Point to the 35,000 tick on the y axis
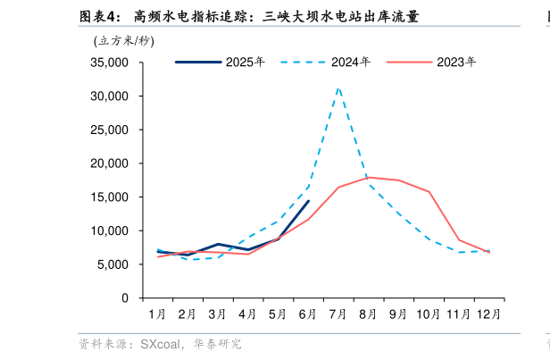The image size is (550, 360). point(110,63)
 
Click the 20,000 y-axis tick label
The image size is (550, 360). point(110,163)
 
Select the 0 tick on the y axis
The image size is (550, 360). point(125,298)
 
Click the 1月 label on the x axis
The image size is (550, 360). point(157,314)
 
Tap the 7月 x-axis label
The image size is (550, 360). point(338,314)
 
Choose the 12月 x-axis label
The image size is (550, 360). point(489,314)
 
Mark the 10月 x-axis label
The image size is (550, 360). point(429,314)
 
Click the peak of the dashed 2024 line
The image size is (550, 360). point(338,88)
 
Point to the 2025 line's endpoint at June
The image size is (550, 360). point(308,201)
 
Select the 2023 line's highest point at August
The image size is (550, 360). point(369,177)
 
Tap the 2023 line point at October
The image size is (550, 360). point(429,192)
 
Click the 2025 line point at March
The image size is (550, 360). point(218,244)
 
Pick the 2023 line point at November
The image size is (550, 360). point(459,239)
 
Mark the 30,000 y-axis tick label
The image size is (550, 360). point(110,96)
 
